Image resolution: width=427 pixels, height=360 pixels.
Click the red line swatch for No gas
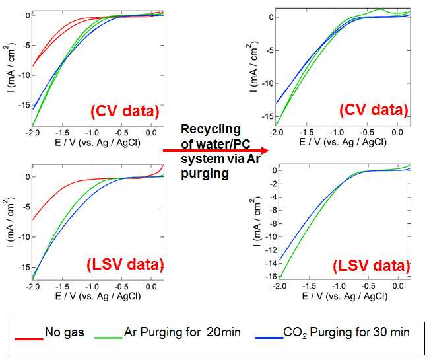(x=29, y=339)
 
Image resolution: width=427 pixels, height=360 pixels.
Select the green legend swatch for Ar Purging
(x=108, y=338)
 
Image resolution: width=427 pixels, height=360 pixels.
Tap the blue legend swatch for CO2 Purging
(x=269, y=338)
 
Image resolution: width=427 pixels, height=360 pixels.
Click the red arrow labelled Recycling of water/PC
(x=216, y=151)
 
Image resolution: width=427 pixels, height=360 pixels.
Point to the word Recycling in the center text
(x=211, y=129)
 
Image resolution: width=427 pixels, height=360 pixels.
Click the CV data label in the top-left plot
(x=125, y=111)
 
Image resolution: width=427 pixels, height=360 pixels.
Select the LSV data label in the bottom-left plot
(x=125, y=264)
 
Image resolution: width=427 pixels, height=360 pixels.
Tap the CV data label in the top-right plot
(x=374, y=110)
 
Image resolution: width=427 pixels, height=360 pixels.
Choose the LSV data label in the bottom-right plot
(x=372, y=266)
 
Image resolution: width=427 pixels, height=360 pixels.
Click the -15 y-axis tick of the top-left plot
(x=24, y=105)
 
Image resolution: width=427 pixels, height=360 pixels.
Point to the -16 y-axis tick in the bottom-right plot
(x=271, y=277)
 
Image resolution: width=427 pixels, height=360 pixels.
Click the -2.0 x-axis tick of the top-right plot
(x=277, y=133)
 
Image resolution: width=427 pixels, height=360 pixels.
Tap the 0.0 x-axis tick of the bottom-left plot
(x=151, y=287)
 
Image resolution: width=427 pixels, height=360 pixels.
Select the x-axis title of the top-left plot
(x=98, y=142)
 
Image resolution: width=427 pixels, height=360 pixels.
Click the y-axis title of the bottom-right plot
(x=256, y=221)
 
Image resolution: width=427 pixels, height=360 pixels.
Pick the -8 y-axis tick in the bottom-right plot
(x=273, y=223)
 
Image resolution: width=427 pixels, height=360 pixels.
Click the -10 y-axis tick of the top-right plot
(x=268, y=83)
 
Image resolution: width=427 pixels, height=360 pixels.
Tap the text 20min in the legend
(x=223, y=332)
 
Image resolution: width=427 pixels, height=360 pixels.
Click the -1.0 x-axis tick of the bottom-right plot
(x=339, y=286)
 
